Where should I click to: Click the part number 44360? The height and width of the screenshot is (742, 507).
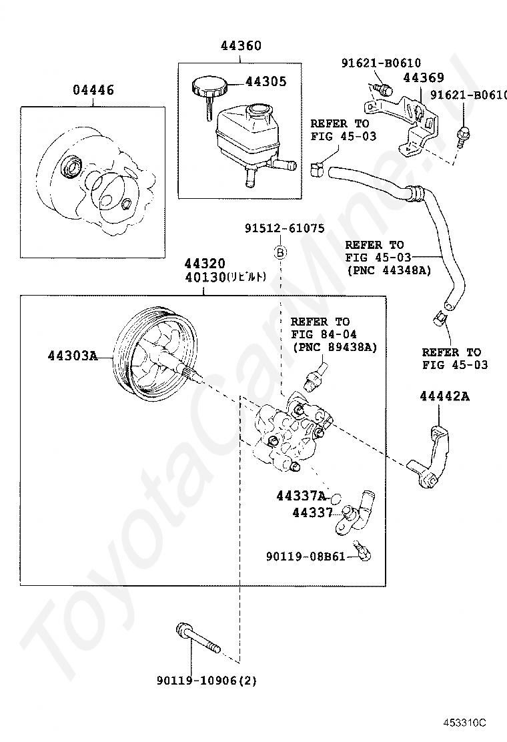pyautogui.click(x=241, y=46)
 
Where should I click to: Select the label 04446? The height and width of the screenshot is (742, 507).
pyautogui.click(x=93, y=90)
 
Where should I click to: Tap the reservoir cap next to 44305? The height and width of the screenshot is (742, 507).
pyautogui.click(x=209, y=87)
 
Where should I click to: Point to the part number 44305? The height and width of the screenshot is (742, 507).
pyautogui.click(x=266, y=81)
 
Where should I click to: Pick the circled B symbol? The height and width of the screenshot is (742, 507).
pyautogui.click(x=281, y=252)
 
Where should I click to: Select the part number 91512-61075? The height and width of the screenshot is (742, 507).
pyautogui.click(x=284, y=228)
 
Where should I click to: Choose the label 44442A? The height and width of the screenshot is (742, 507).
pyautogui.click(x=444, y=396)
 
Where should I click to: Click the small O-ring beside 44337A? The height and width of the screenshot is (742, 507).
pyautogui.click(x=336, y=498)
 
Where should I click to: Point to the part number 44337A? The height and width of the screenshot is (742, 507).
pyautogui.click(x=302, y=496)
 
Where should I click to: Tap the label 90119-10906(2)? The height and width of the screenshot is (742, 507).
pyautogui.click(x=207, y=681)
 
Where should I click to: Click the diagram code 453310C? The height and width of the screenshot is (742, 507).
pyautogui.click(x=467, y=723)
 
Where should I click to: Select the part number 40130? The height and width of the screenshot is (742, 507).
pyautogui.click(x=207, y=276)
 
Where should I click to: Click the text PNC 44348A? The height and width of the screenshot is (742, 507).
pyautogui.click(x=388, y=270)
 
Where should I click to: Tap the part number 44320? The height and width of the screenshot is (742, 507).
pyautogui.click(x=205, y=263)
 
